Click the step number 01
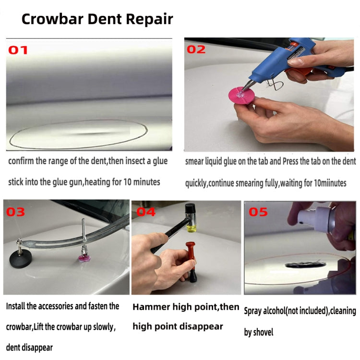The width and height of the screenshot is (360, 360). (19, 50)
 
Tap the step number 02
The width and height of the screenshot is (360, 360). (196, 49)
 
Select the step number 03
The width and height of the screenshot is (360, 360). (15, 212)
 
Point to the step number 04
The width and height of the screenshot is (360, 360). (146, 212)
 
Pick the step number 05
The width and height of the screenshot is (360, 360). (258, 212)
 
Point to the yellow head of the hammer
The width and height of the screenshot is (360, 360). (192, 221)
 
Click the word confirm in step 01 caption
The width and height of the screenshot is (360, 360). (22, 161)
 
